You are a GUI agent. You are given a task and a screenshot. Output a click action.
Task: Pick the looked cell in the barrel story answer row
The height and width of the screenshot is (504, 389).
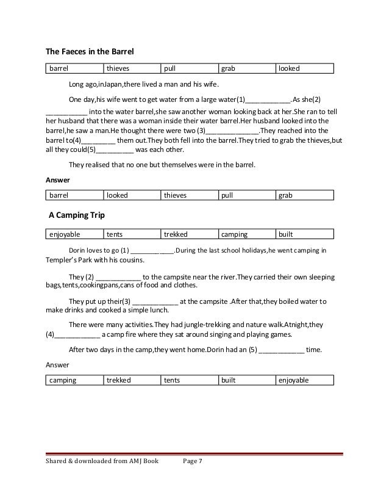pos(117,196)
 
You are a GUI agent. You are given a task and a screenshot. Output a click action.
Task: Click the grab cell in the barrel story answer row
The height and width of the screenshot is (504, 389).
pos(285,196)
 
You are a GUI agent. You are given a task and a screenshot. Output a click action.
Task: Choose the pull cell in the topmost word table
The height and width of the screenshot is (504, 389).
pos(171,69)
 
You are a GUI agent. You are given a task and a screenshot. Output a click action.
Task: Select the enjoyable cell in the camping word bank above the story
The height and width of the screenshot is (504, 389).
pos(65,234)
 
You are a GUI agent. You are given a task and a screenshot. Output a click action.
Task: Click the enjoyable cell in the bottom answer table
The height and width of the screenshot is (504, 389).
pos(294,380)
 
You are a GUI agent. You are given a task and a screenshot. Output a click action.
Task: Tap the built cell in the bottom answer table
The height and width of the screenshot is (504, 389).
pos(229,380)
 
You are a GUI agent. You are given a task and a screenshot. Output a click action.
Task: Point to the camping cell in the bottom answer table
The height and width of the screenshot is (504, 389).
pos(63,380)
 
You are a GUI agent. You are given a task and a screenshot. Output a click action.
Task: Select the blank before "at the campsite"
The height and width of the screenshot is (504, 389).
pos(155,301)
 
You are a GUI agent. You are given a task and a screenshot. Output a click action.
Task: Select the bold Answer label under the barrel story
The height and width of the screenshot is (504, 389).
pos(59,181)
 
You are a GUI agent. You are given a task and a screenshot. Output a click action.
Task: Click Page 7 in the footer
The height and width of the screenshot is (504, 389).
pos(193,478)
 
